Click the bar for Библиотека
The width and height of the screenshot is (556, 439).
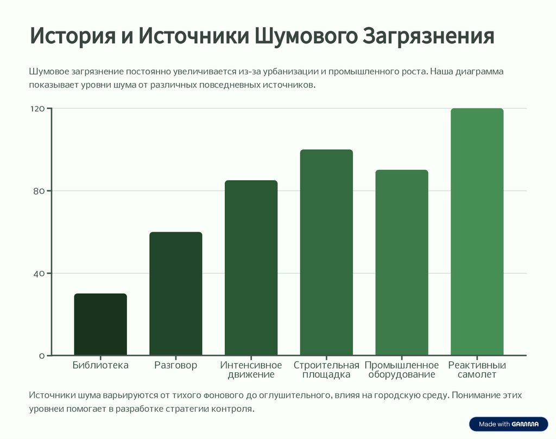(x=100, y=325)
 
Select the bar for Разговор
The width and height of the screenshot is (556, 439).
(x=175, y=294)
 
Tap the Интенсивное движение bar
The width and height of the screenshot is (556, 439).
(x=251, y=268)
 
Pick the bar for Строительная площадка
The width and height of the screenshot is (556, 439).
(x=326, y=252)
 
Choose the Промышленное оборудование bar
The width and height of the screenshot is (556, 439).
(x=402, y=263)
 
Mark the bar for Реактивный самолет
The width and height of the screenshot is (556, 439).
(x=477, y=232)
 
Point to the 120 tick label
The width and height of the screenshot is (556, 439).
(x=37, y=109)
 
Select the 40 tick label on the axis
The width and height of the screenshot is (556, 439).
(x=40, y=273)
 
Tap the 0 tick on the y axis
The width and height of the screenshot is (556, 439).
(x=42, y=356)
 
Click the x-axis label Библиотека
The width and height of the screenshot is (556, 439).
(x=100, y=365)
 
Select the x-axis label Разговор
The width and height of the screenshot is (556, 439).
(x=175, y=365)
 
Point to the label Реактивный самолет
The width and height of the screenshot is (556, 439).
(x=477, y=370)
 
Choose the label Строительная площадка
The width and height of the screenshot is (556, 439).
(x=326, y=370)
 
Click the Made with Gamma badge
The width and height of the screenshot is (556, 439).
(x=509, y=424)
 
